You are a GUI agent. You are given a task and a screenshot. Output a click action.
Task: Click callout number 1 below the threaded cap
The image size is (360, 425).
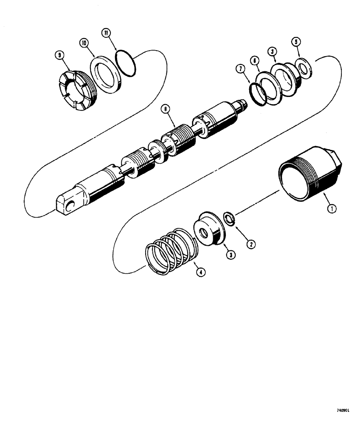[x=332, y=209]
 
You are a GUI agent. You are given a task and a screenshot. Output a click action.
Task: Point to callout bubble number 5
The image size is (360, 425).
[x=296, y=42]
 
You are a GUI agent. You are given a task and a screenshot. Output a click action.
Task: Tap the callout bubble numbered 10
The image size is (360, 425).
[x=84, y=43]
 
